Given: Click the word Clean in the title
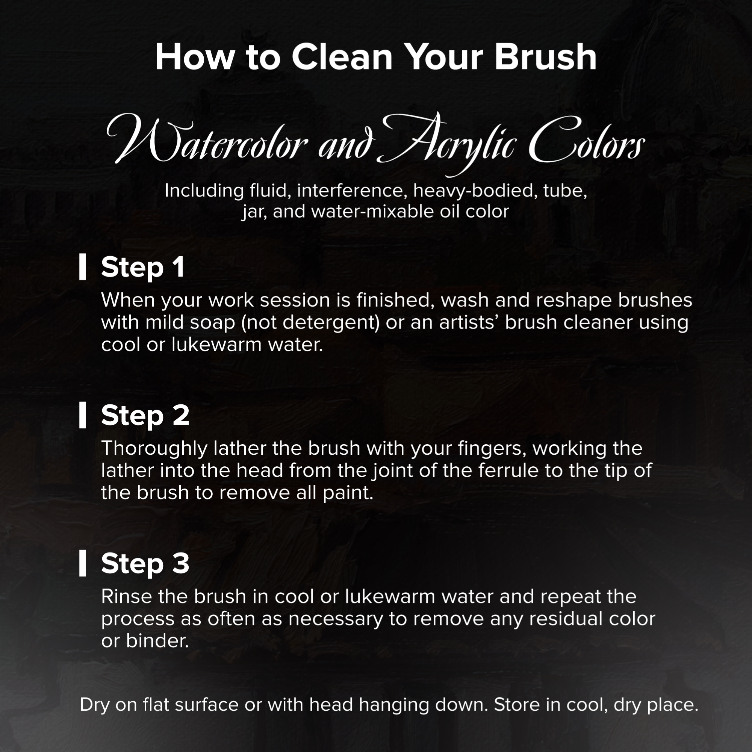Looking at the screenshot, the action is (342, 57).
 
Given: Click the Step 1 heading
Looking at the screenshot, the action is (143, 268).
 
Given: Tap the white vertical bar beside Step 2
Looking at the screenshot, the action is (83, 415).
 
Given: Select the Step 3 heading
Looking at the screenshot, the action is (145, 563).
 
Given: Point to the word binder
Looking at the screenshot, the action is (157, 641).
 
